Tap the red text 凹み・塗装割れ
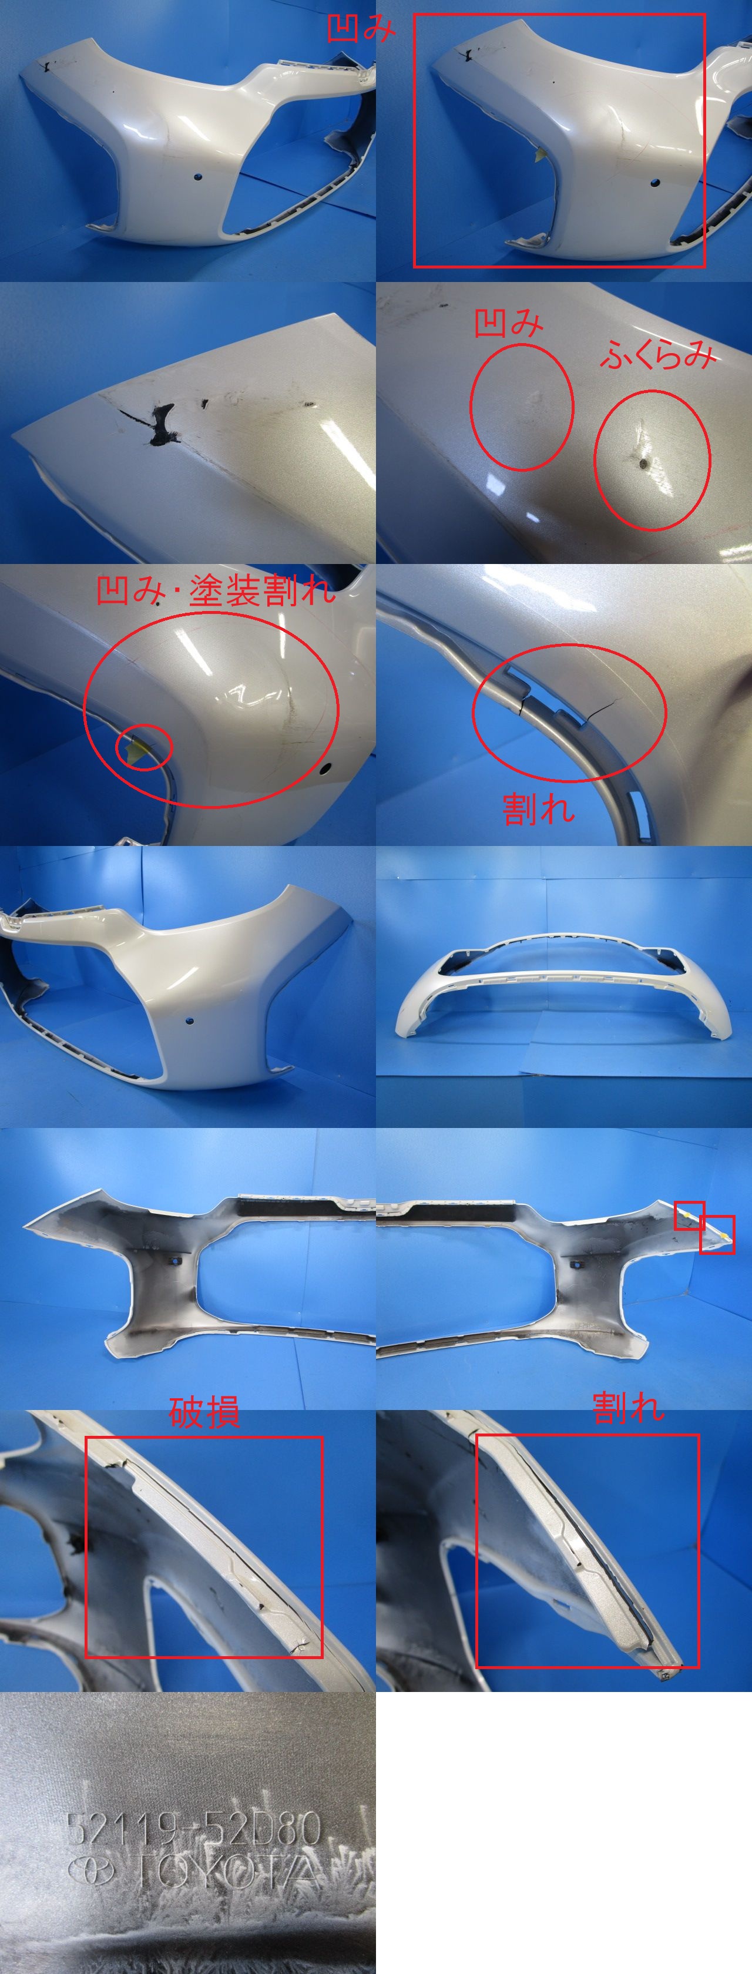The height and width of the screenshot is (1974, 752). [x=216, y=591]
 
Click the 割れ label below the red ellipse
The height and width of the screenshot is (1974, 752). [x=538, y=809]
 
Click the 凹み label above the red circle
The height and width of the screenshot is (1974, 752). [x=508, y=323]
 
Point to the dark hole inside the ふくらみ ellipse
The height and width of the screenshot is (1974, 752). [x=642, y=463]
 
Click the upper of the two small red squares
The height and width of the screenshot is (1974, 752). [x=689, y=1216]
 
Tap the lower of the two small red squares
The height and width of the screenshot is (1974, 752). [x=717, y=1234]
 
